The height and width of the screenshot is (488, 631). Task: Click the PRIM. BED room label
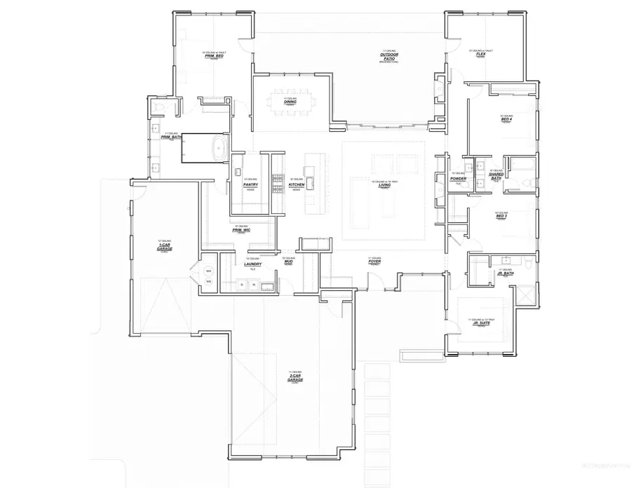215,55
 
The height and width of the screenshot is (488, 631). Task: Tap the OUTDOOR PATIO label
388,57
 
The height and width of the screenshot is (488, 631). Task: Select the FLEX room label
481,54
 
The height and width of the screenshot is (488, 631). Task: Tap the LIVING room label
385,185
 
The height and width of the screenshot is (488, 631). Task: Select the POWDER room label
458,178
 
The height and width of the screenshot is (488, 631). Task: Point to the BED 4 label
506,119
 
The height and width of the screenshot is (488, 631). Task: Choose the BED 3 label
501,216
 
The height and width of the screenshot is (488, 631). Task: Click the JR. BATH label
505,273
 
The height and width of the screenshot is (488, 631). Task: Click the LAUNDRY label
252,264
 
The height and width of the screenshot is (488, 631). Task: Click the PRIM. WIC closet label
241,229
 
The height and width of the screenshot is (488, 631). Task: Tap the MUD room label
288,262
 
